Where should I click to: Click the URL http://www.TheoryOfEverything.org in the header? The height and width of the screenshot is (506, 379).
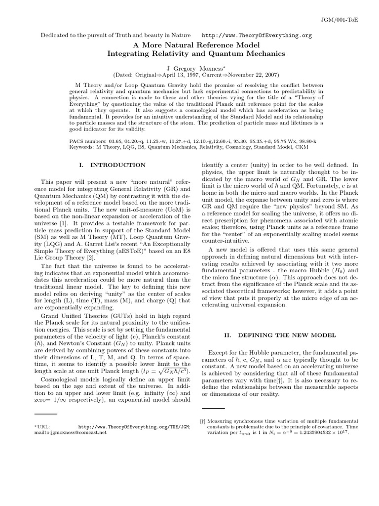tap(257, 36)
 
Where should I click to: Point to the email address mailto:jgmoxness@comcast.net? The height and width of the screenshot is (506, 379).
tap(70, 432)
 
